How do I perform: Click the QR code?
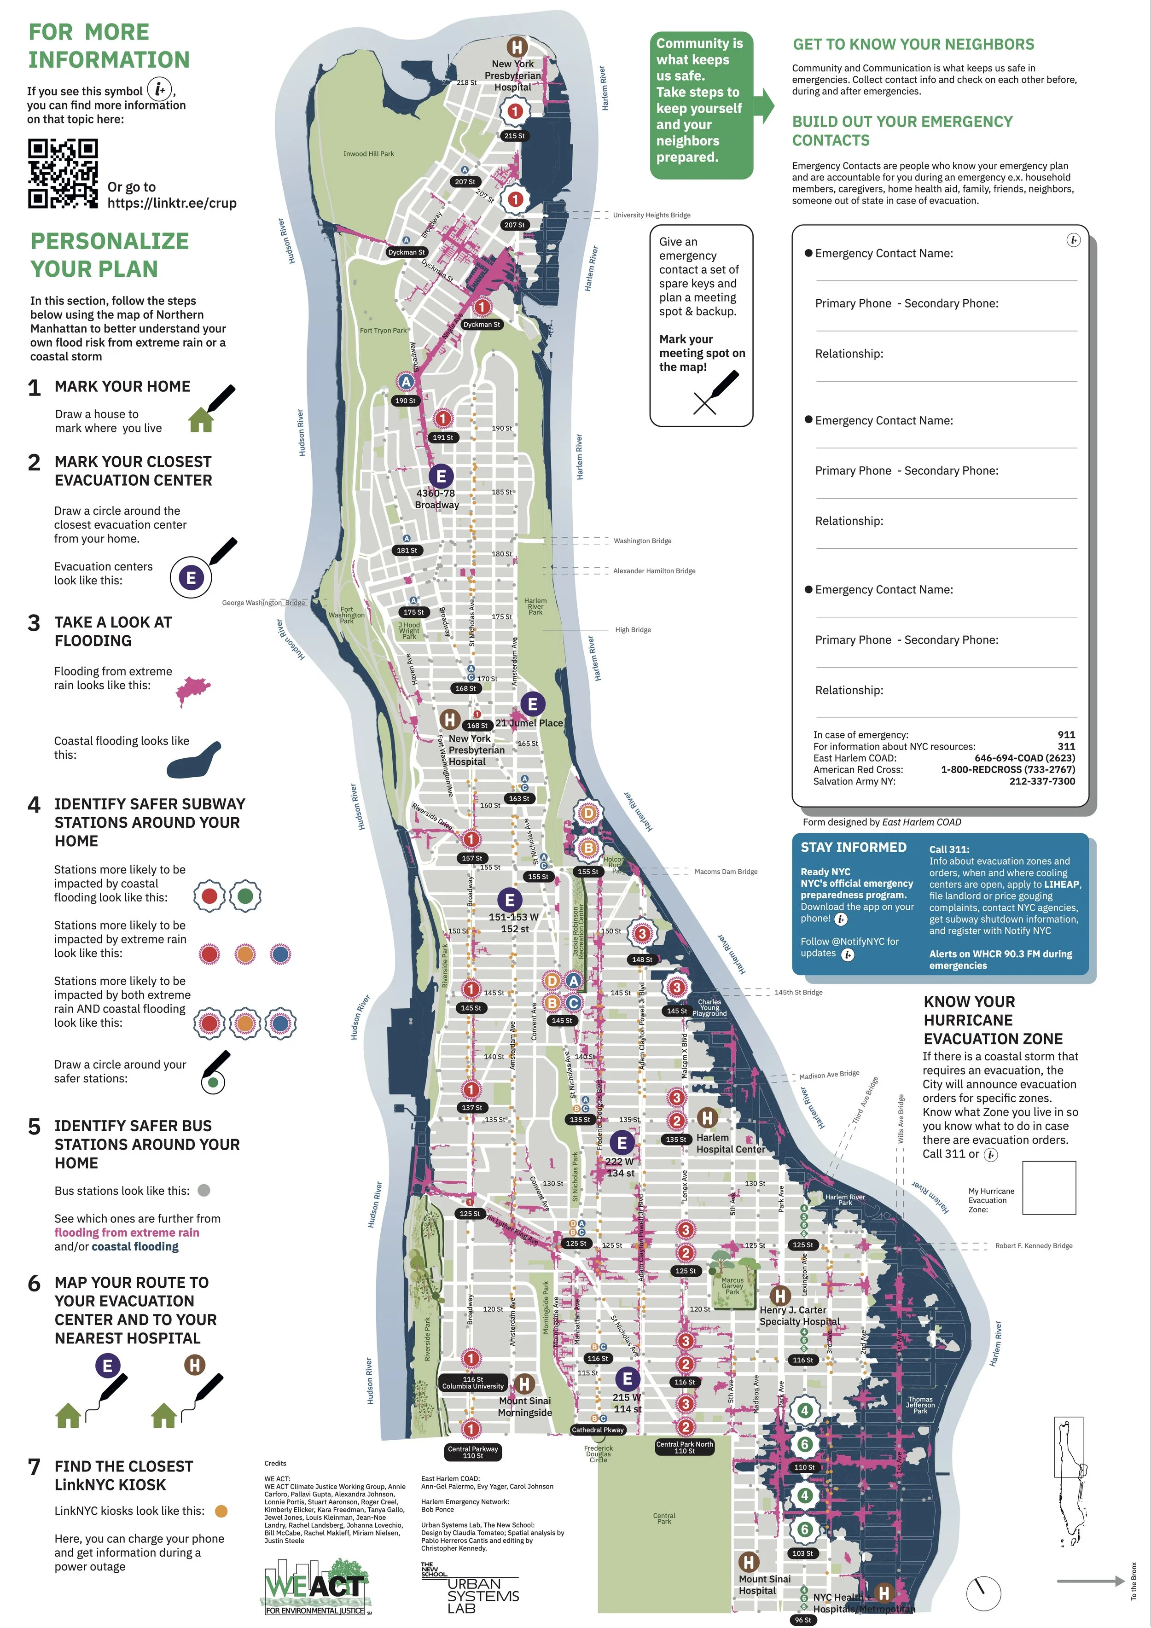[x=63, y=174]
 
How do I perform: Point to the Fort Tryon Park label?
[x=383, y=331]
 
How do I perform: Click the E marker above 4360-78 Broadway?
[x=441, y=477]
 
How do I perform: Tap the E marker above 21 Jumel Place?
[x=533, y=704]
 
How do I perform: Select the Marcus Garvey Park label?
[x=732, y=1285]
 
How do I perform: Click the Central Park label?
[x=664, y=1518]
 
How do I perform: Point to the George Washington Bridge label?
[x=263, y=603]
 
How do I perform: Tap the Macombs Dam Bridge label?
[x=726, y=872]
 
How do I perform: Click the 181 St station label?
[x=407, y=550]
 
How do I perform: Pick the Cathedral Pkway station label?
[x=598, y=1430]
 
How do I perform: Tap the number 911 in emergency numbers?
[x=1066, y=735]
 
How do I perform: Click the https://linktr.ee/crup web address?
[x=172, y=203]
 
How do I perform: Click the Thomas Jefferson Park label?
[x=920, y=1405]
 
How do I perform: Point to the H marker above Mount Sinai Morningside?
[x=524, y=1384]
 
